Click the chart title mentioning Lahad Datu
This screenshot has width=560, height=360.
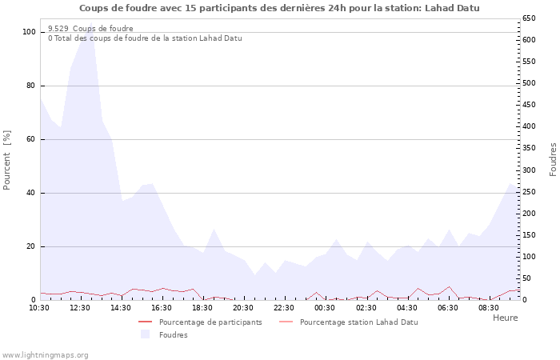point(280,8)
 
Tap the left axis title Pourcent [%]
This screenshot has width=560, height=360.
point(7,160)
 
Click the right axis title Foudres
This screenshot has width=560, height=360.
point(553,160)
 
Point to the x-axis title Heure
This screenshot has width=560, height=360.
point(505,318)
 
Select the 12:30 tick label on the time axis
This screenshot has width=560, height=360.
point(80,307)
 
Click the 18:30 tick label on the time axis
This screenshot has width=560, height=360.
point(202,307)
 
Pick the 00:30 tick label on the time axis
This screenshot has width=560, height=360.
point(325,307)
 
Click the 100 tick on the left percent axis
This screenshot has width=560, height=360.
point(30,32)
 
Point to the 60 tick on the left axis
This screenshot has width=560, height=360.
point(31,139)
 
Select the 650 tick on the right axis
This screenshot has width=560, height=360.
point(529,18)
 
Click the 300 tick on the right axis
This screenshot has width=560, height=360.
point(529,170)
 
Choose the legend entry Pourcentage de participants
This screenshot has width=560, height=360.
point(210,322)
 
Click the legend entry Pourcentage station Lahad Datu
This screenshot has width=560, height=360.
point(358,322)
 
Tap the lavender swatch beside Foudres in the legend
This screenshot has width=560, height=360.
point(145,334)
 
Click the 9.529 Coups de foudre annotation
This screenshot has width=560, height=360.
point(90,29)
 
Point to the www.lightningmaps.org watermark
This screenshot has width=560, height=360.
point(45,355)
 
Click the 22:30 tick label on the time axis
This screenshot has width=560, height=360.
point(284,307)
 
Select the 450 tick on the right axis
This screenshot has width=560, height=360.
point(529,105)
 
